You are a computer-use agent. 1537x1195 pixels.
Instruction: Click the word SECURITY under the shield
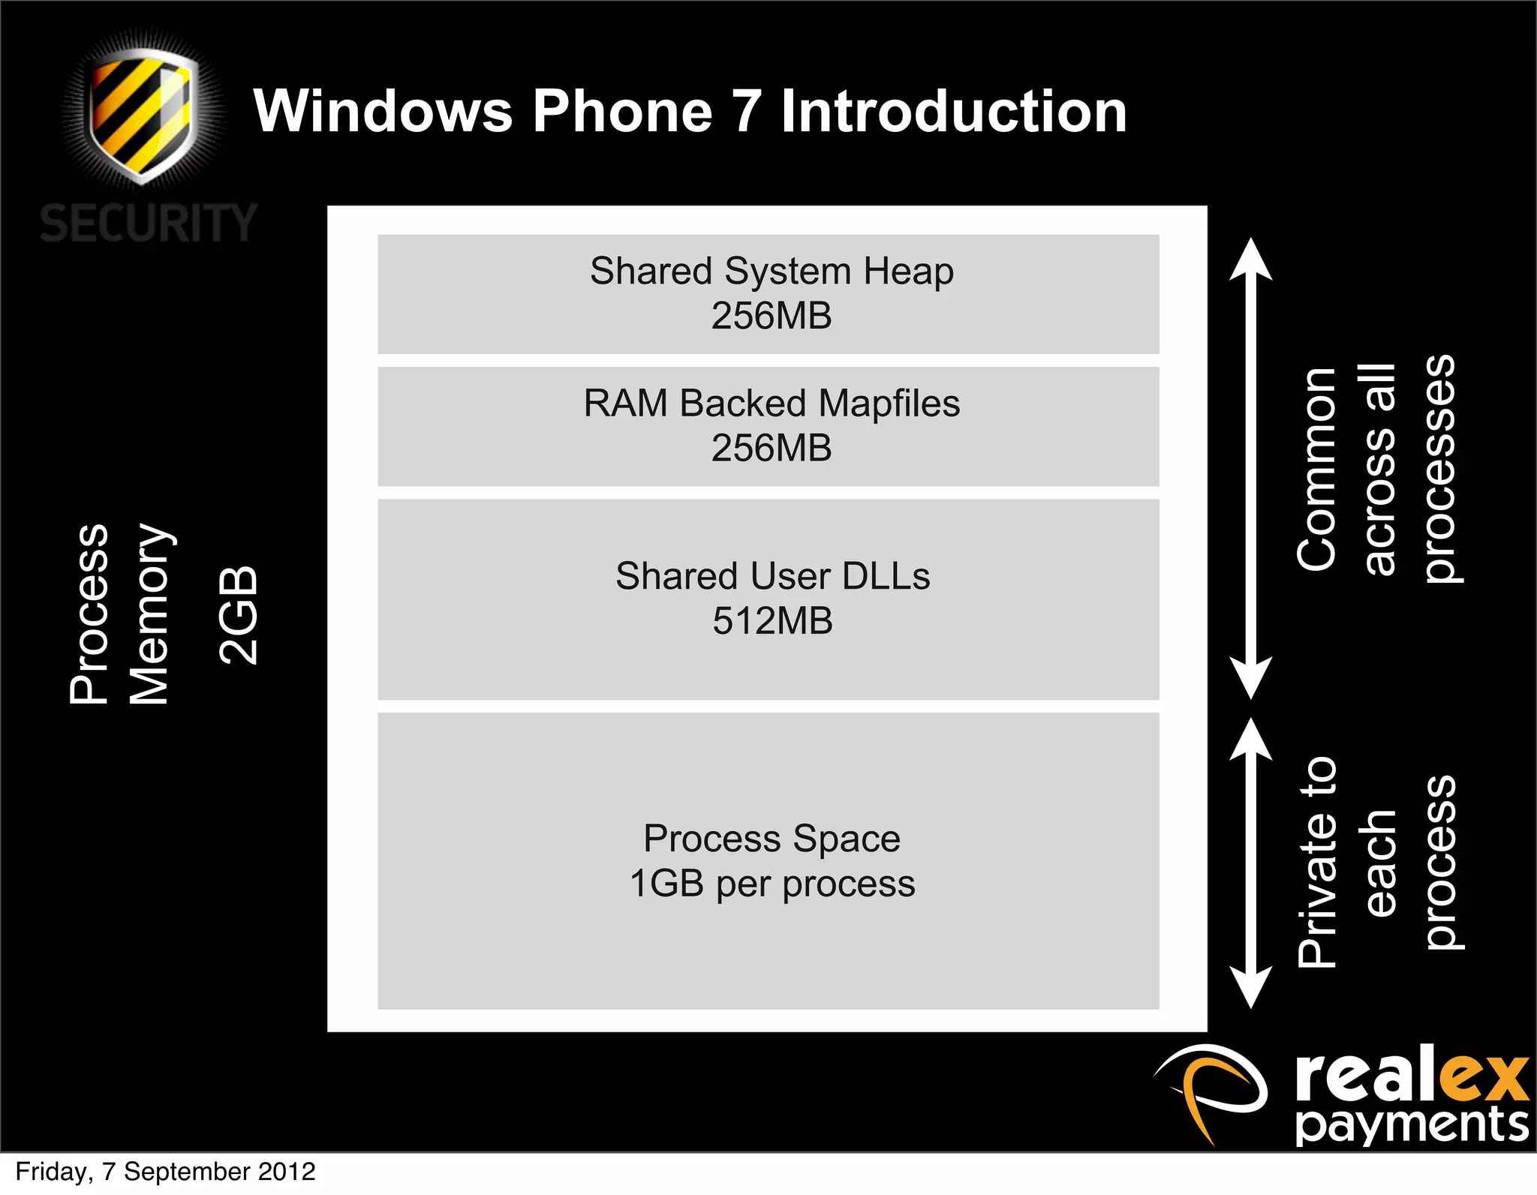[x=149, y=224]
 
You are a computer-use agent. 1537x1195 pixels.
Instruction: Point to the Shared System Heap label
[x=772, y=271]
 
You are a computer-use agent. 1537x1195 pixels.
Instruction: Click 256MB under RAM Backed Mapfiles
[x=772, y=449]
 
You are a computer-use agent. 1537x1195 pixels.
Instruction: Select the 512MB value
[x=772, y=621]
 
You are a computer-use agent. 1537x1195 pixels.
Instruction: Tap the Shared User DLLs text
[x=772, y=576]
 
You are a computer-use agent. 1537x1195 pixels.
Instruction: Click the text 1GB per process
[x=772, y=884]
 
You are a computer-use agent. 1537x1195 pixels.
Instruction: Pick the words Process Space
[x=772, y=839]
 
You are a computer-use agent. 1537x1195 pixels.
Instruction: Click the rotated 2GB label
[x=239, y=615]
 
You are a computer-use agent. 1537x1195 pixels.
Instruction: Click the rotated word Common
[x=1316, y=470]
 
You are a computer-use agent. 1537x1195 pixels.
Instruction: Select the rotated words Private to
[x=1318, y=863]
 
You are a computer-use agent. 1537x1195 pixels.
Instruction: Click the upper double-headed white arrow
[x=1250, y=469]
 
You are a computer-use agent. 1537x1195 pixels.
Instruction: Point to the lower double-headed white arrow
[x=1250, y=863]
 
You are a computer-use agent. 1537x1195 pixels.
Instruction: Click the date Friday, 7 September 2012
[x=165, y=1172]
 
